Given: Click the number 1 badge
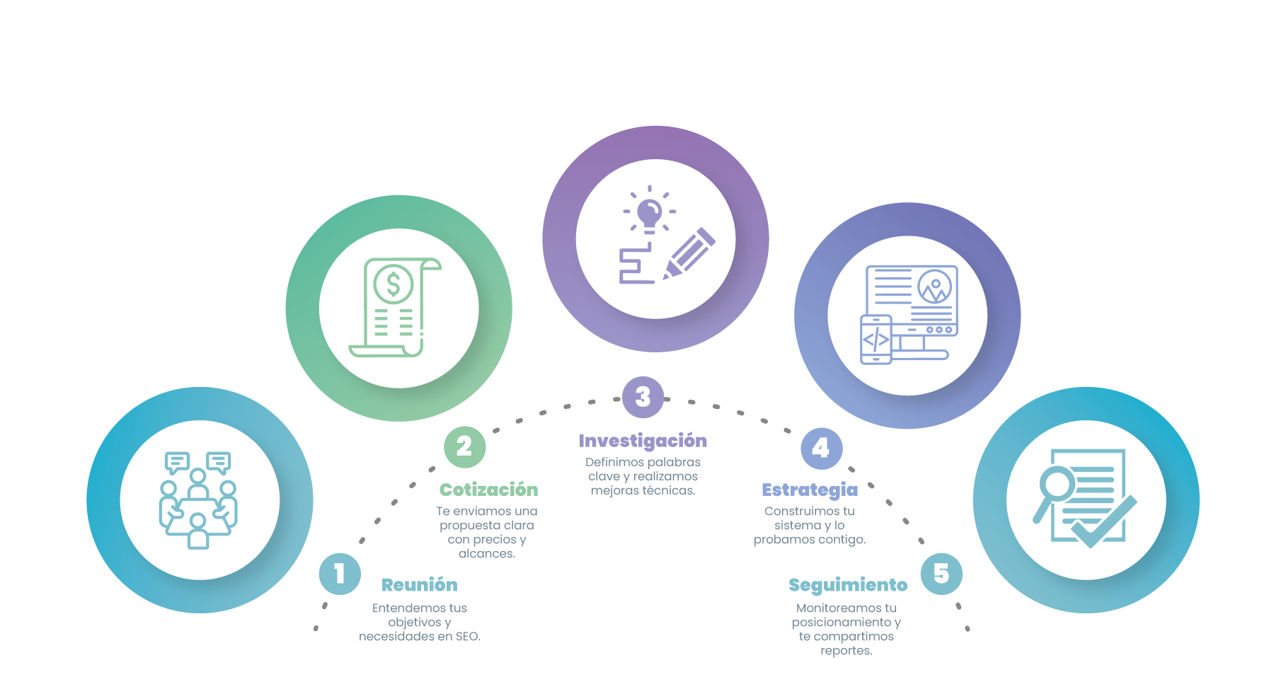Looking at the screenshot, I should [340, 574].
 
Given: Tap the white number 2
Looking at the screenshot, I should [464, 446].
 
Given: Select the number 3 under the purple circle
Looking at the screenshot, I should [643, 397].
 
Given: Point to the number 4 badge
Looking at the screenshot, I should [820, 448].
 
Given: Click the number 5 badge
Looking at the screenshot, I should [941, 573].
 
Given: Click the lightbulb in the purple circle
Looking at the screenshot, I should [649, 214].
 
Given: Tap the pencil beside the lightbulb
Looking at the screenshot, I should [688, 253].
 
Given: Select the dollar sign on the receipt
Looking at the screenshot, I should [394, 284].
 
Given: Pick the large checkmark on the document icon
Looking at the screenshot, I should [1103, 522].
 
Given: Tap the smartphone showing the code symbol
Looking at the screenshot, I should [875, 340].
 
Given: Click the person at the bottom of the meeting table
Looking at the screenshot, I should [198, 531].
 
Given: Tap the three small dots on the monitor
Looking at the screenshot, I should [938, 330].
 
